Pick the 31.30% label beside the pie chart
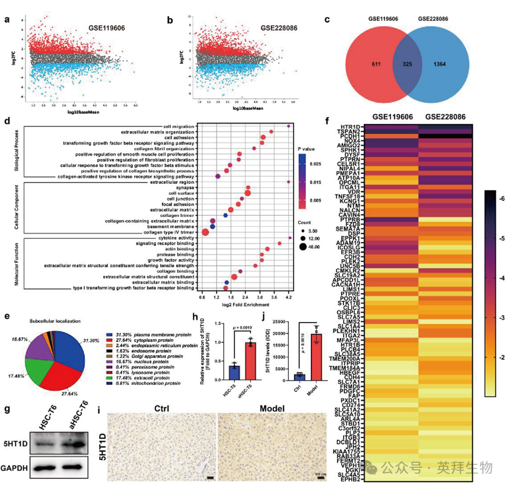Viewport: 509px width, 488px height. click(x=89, y=341)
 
